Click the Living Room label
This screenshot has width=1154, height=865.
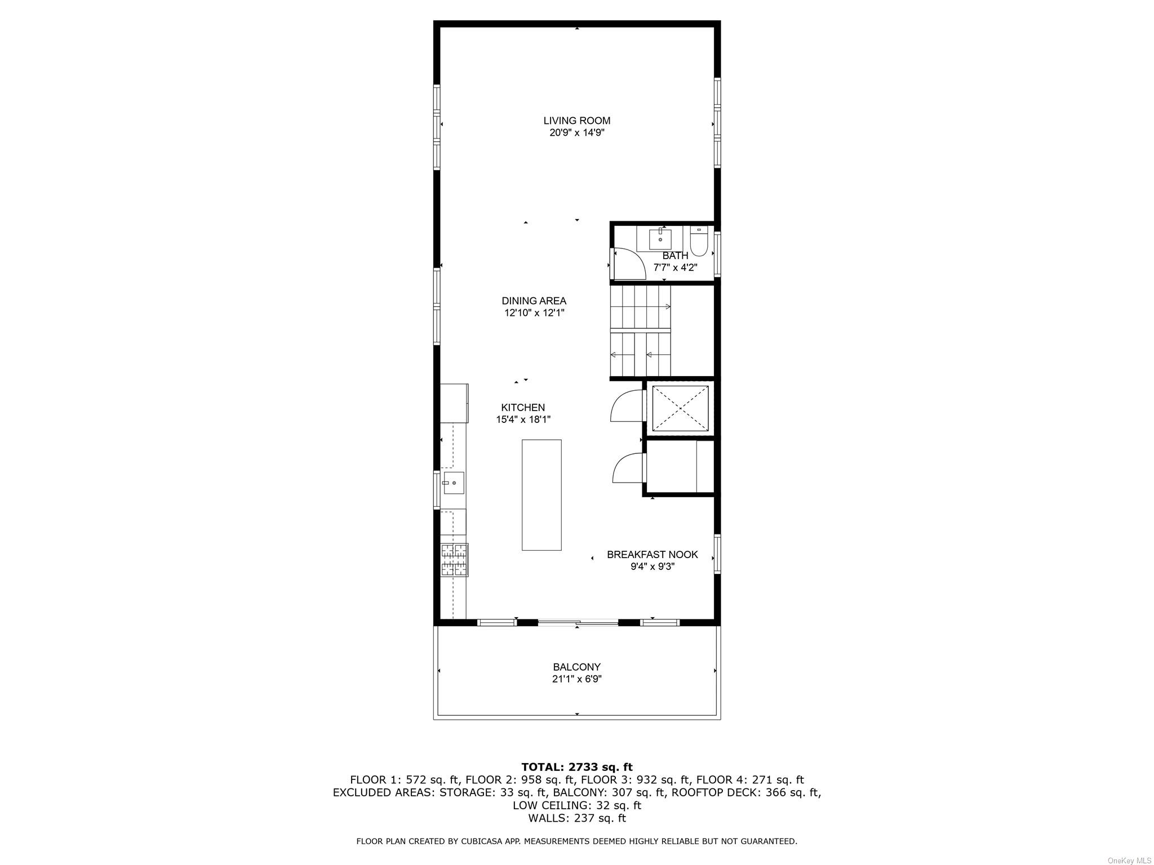(576, 121)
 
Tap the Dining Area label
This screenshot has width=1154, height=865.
(534, 301)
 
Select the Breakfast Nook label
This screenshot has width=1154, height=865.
(652, 555)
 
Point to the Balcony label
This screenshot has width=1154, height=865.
(576, 667)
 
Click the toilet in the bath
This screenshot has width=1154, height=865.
(699, 240)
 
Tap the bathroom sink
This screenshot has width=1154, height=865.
(660, 239)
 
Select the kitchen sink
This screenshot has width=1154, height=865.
(454, 483)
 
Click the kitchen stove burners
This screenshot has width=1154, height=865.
(454, 560)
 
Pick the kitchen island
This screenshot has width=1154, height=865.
(542, 494)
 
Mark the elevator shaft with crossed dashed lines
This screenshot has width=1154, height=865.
(680, 409)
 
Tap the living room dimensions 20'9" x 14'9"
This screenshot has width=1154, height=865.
(576, 133)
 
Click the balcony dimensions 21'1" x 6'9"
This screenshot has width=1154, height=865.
(576, 679)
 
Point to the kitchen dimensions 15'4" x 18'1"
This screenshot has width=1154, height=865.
(523, 420)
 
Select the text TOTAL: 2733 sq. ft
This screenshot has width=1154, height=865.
(577, 767)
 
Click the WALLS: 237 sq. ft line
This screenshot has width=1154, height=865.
(577, 818)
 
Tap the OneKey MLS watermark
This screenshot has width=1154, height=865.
(1129, 861)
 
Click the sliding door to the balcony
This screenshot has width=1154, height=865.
(578, 622)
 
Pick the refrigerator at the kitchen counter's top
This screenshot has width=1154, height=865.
(454, 403)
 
